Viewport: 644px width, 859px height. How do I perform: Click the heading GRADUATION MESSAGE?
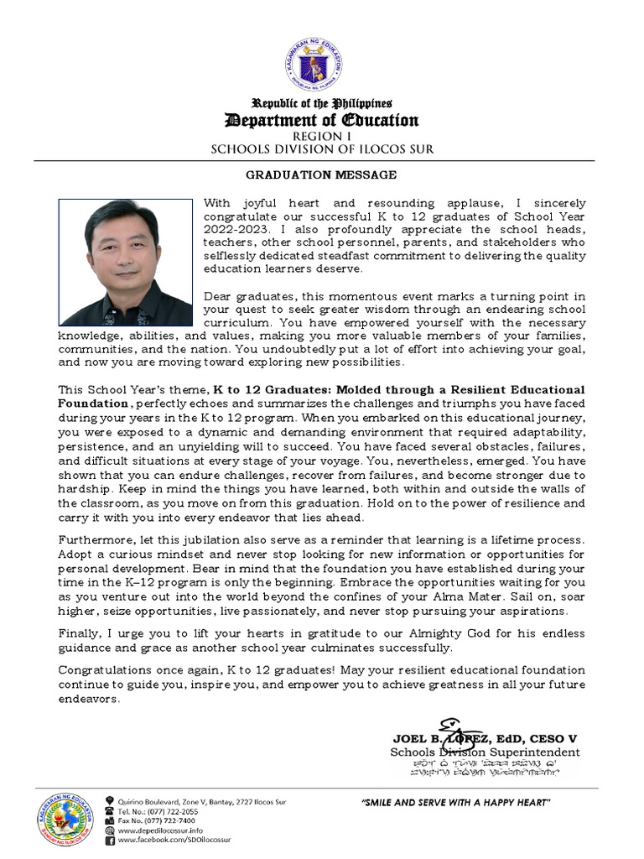pyautogui.click(x=321, y=175)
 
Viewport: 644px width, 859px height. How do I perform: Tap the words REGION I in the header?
pyautogui.click(x=321, y=136)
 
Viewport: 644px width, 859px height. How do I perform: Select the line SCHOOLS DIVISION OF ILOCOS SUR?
pyautogui.click(x=321, y=149)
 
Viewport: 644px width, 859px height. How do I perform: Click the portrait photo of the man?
pyautogui.click(x=125, y=263)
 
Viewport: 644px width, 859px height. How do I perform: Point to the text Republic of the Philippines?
pyautogui.click(x=321, y=103)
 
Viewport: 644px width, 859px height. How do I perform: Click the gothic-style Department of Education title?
pyautogui.click(x=321, y=120)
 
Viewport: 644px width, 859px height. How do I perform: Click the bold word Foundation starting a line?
pyautogui.click(x=93, y=403)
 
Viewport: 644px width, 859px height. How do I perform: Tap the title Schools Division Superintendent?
pyautogui.click(x=485, y=752)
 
